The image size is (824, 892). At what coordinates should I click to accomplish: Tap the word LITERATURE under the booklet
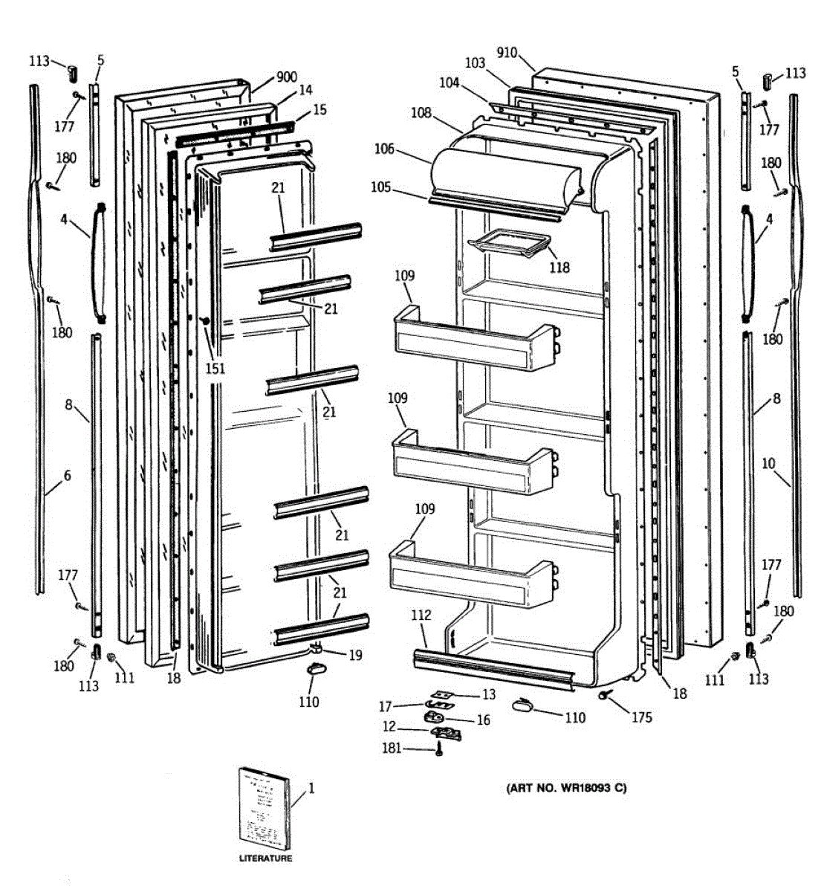265,859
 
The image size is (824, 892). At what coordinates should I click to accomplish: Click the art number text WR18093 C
565,788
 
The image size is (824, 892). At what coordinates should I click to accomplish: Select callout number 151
215,368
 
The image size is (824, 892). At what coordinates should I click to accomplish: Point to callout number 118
559,267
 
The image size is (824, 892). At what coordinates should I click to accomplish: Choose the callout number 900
286,77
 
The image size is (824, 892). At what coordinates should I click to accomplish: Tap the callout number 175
641,717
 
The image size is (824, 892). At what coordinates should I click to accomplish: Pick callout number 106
384,149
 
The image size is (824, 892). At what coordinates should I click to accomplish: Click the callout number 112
421,615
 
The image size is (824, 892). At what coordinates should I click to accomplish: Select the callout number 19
355,655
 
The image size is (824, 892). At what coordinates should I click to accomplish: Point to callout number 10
768,464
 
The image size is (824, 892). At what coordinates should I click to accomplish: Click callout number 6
67,476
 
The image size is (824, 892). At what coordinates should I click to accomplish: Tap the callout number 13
488,694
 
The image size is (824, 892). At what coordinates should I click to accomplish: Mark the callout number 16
483,720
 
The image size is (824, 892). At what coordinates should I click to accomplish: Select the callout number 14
305,90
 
